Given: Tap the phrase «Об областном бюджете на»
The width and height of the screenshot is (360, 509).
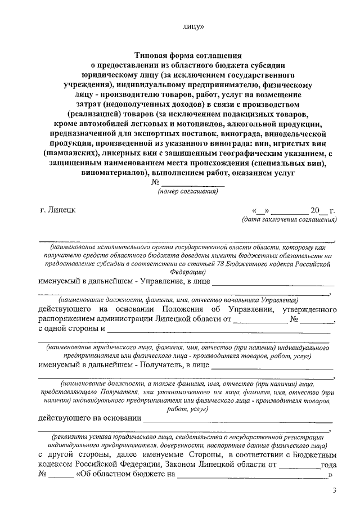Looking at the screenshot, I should coord(125,475).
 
